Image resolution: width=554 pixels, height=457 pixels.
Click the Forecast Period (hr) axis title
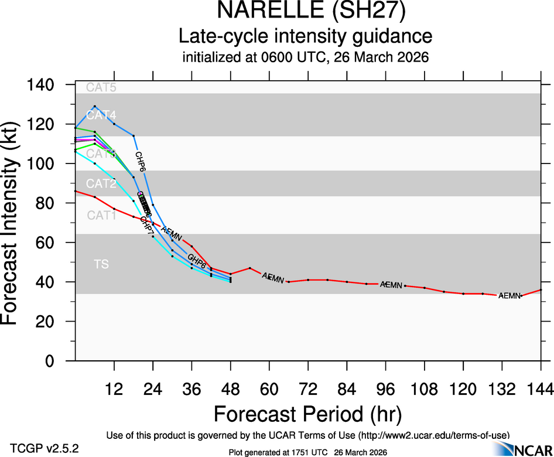tap(307, 414)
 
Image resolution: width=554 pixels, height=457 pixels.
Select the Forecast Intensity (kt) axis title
tap(14, 223)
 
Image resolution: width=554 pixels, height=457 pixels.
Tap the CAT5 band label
tap(101, 88)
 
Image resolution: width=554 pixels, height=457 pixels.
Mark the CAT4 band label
tap(101, 115)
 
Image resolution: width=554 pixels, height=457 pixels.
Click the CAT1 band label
tap(101, 216)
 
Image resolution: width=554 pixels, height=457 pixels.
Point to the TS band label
tap(101, 265)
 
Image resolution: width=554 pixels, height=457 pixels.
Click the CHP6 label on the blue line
tap(141, 161)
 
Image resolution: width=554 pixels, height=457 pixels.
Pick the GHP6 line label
tap(196, 262)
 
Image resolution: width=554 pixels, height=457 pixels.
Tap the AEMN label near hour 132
tap(509, 296)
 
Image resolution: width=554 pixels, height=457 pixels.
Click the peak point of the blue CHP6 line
tap(94, 107)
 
